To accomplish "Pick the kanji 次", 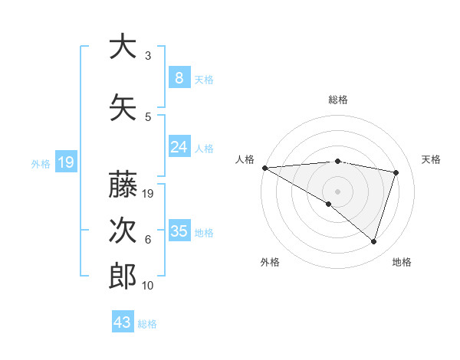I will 123,229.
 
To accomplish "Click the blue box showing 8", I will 179,78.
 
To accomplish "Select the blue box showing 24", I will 179,147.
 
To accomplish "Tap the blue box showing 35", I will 179,231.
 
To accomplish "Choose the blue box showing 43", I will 123,322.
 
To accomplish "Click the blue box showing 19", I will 66,162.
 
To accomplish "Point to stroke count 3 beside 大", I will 147,56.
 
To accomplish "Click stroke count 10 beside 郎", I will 148,286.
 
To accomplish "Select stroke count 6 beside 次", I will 147,240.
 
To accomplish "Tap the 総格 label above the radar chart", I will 337,100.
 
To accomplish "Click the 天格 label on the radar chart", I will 431,159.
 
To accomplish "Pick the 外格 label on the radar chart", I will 270,262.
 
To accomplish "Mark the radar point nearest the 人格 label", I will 264,167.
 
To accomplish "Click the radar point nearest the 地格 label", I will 373,242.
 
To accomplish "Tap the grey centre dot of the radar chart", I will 337,190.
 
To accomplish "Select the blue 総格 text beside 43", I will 147,324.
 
